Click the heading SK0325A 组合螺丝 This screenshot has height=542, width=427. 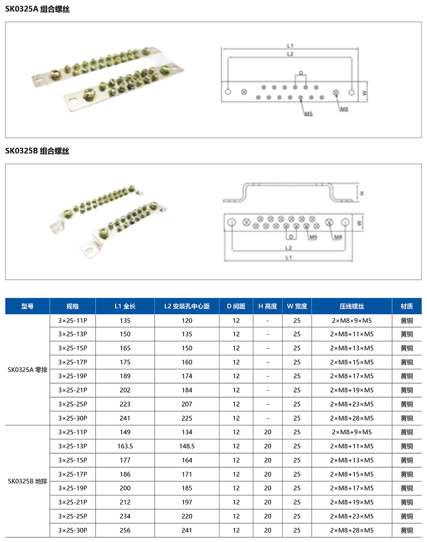[38, 9]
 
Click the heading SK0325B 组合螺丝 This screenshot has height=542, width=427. [38, 151]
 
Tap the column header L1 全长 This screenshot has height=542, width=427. [125, 306]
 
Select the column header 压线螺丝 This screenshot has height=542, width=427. [352, 306]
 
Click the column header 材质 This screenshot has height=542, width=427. [407, 306]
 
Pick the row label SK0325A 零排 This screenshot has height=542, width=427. [27, 369]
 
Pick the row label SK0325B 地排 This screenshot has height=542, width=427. [27, 481]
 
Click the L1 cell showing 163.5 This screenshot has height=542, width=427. [125, 446]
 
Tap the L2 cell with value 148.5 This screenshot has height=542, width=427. [187, 446]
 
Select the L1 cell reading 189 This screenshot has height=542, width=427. [125, 376]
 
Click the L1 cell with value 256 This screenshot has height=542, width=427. [125, 530]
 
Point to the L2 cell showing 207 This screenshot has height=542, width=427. [187, 404]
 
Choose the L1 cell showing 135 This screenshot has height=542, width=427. [125, 320]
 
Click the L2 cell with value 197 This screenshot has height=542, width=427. [187, 502]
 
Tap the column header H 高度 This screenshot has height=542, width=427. [268, 306]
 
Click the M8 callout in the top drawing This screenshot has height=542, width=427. [344, 109]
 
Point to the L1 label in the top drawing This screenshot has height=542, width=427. [290, 45]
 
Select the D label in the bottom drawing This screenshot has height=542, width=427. [291, 237]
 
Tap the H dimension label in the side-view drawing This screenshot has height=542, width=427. [362, 193]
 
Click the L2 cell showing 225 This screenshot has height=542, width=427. [187, 418]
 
